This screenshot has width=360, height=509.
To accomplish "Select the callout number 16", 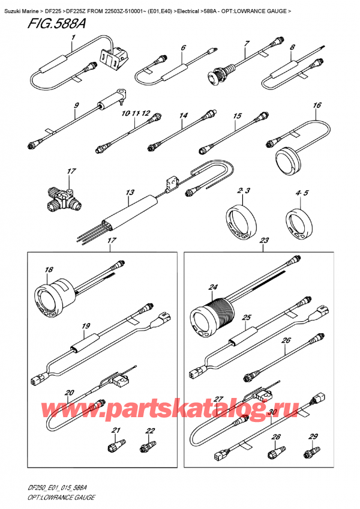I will click(x=317, y=105).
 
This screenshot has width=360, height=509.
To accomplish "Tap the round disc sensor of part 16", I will click(x=287, y=160).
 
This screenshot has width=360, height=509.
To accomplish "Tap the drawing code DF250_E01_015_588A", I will click(x=53, y=489).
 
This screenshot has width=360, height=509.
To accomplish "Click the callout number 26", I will click(x=286, y=340).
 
